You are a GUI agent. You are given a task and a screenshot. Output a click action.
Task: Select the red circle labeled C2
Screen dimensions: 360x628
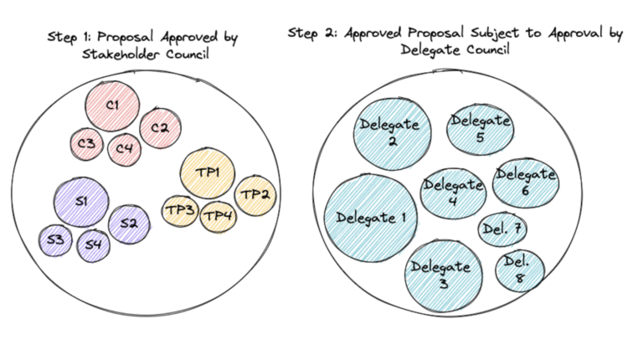click(160, 128)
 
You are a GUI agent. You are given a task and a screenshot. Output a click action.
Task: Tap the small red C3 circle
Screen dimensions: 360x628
click(86, 144)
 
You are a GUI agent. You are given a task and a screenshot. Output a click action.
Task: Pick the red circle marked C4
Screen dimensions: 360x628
click(124, 148)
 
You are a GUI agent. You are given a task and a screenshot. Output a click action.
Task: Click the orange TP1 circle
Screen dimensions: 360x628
click(207, 173)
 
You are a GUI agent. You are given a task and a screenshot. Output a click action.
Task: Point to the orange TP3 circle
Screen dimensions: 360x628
click(179, 209)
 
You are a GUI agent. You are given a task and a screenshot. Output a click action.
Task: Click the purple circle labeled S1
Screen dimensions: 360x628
click(81, 203)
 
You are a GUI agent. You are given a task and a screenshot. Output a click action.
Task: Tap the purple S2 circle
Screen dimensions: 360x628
click(128, 224)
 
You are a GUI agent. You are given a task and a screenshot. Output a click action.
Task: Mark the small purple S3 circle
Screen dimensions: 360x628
click(55, 240)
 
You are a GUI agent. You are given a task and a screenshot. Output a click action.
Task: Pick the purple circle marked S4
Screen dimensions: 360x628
click(93, 244)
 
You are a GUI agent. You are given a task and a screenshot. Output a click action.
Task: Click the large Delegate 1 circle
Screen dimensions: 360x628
click(370, 218)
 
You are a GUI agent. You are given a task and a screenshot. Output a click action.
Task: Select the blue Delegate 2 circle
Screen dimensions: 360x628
click(392, 131)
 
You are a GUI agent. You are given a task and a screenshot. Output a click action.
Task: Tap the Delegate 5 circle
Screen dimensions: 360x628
click(480, 128)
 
